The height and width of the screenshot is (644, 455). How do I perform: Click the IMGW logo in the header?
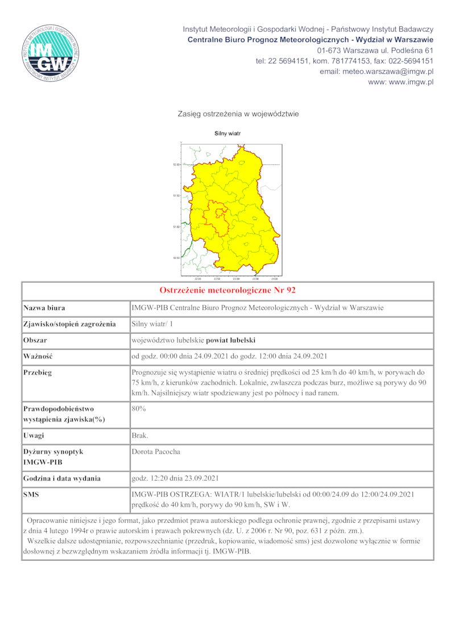pyautogui.click(x=51, y=55)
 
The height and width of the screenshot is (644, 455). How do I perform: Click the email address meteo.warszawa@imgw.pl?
pyautogui.click(x=377, y=72)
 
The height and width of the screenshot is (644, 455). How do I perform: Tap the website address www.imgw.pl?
pyautogui.click(x=401, y=82)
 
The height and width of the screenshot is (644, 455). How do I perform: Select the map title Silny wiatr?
pyautogui.click(x=227, y=134)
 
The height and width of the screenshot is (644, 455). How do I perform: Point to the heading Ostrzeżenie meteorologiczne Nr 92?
pyautogui.click(x=227, y=290)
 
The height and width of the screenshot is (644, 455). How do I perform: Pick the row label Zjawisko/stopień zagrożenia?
pyautogui.click(x=69, y=324)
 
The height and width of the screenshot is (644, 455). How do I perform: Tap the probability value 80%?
pyautogui.click(x=139, y=408)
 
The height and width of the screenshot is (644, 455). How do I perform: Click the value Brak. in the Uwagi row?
pyautogui.click(x=140, y=435)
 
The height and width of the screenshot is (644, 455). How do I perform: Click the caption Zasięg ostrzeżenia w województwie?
pyautogui.click(x=238, y=114)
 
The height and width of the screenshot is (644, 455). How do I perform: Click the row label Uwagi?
pyautogui.click(x=34, y=435)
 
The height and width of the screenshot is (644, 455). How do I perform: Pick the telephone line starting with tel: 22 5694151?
pyautogui.click(x=345, y=61)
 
